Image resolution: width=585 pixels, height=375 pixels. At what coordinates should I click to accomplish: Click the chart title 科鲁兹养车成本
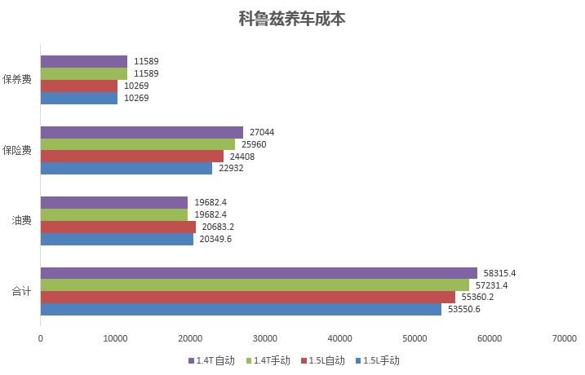coord(292,19)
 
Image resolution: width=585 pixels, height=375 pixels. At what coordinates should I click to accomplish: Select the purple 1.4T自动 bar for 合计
coord(258,272)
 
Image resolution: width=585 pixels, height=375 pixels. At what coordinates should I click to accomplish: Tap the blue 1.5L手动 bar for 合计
coord(241,309)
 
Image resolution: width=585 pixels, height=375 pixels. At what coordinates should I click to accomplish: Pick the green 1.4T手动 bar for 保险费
coord(137,144)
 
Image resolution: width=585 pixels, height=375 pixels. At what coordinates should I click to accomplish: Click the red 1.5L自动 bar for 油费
coord(117,227)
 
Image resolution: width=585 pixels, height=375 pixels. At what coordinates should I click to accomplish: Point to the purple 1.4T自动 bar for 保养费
coord(83,61)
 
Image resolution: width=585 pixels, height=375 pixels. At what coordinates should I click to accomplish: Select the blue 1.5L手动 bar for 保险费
coord(126,168)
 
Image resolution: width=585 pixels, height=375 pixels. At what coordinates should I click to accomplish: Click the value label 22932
coord(230,168)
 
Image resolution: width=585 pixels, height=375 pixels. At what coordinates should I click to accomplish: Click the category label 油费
coord(21,220)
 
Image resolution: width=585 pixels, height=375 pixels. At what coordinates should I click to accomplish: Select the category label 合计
coord(21,291)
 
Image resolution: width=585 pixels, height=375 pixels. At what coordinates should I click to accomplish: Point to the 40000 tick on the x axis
coord(339,337)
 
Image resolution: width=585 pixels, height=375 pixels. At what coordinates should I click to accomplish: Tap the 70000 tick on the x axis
coord(564,337)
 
